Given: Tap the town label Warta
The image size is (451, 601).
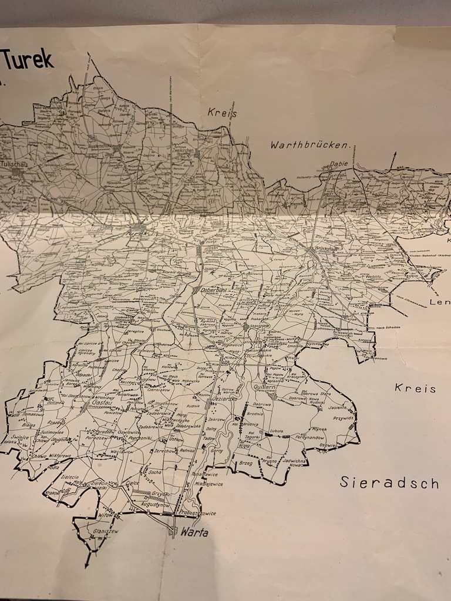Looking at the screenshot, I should click(194, 533).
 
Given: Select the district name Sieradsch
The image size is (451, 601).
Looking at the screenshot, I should click(389, 483).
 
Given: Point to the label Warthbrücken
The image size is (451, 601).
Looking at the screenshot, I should click(309, 144).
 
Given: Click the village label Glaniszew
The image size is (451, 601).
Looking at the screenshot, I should click(106, 531).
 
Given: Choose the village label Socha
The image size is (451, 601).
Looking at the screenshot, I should click(154, 472).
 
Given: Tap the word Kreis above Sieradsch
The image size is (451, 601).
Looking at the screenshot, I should click(415, 388).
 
